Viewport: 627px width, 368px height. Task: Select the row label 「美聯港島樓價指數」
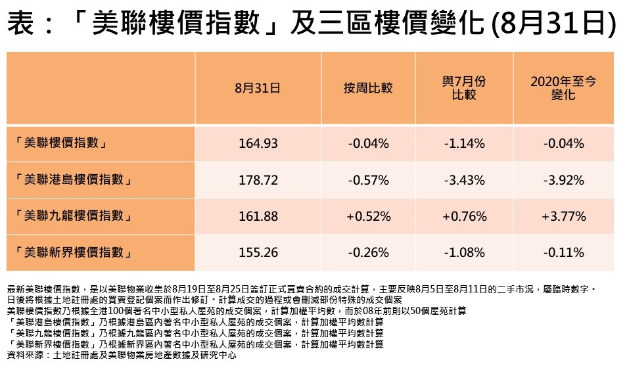[73, 179]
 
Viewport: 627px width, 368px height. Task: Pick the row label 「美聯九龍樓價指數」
[73, 216]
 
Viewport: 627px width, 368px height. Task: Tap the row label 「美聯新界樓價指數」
[73, 252]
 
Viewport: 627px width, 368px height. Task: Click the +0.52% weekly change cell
[367, 216]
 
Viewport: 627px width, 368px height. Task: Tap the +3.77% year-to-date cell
[563, 216]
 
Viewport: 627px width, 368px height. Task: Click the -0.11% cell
[563, 252]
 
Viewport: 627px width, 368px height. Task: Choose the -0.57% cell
[367, 179]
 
